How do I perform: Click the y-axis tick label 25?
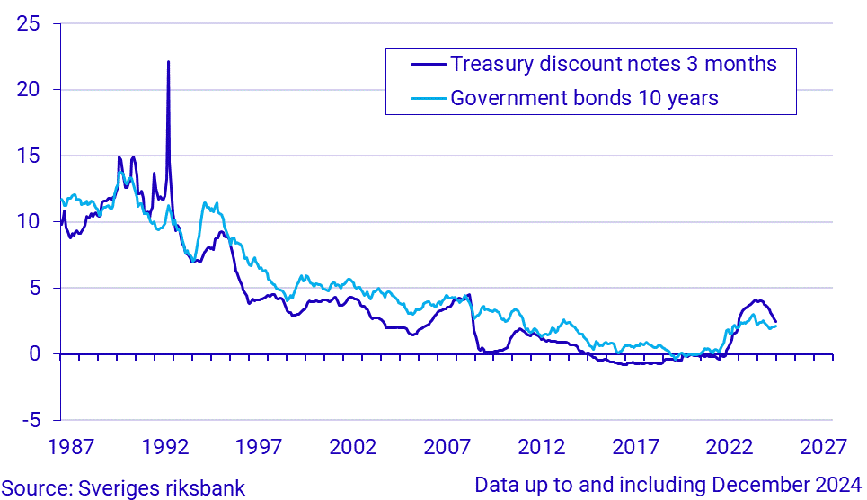[x=30, y=23]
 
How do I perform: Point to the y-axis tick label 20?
[x=30, y=90]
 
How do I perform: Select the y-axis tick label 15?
[x=30, y=156]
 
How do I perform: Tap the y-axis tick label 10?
[x=30, y=222]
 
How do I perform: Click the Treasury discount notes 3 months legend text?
[x=614, y=65]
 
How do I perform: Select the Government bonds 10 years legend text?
[x=584, y=98]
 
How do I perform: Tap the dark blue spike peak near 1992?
[x=168, y=62]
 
